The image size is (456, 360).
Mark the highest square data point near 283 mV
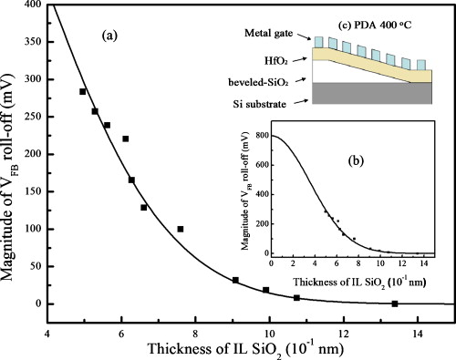click(83, 92)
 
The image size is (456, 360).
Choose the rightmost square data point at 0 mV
click(395, 303)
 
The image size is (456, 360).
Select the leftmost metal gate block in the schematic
click(318, 42)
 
